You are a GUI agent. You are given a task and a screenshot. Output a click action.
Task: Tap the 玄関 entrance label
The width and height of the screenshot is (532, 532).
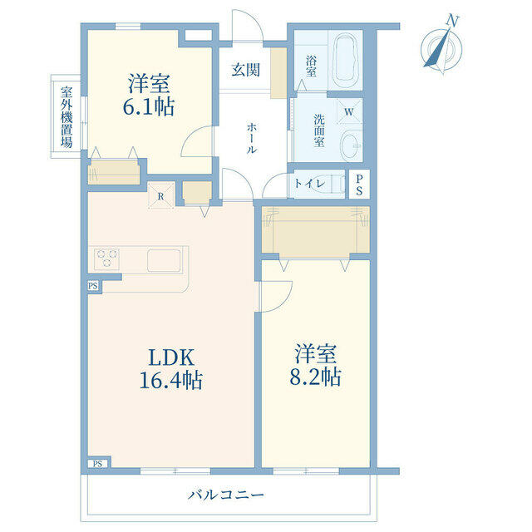pyautogui.click(x=246, y=68)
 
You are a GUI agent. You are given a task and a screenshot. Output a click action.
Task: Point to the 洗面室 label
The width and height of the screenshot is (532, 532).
pyautogui.click(x=318, y=130)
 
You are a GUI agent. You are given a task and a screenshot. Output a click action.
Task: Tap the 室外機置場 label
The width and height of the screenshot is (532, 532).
pyautogui.click(x=66, y=117)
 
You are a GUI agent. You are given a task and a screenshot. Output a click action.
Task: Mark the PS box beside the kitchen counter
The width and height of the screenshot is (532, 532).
pyautogui.click(x=92, y=287)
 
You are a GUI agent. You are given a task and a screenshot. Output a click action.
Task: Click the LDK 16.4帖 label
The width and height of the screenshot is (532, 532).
pyautogui.click(x=171, y=369)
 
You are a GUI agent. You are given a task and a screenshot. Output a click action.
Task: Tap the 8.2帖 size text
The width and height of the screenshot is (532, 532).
pyautogui.click(x=314, y=376)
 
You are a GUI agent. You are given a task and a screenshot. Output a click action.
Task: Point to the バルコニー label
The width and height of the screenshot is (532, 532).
pyautogui.click(x=225, y=495)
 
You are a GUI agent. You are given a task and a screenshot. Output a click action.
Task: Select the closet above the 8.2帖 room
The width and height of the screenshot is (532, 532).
pyautogui.click(x=315, y=232)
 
